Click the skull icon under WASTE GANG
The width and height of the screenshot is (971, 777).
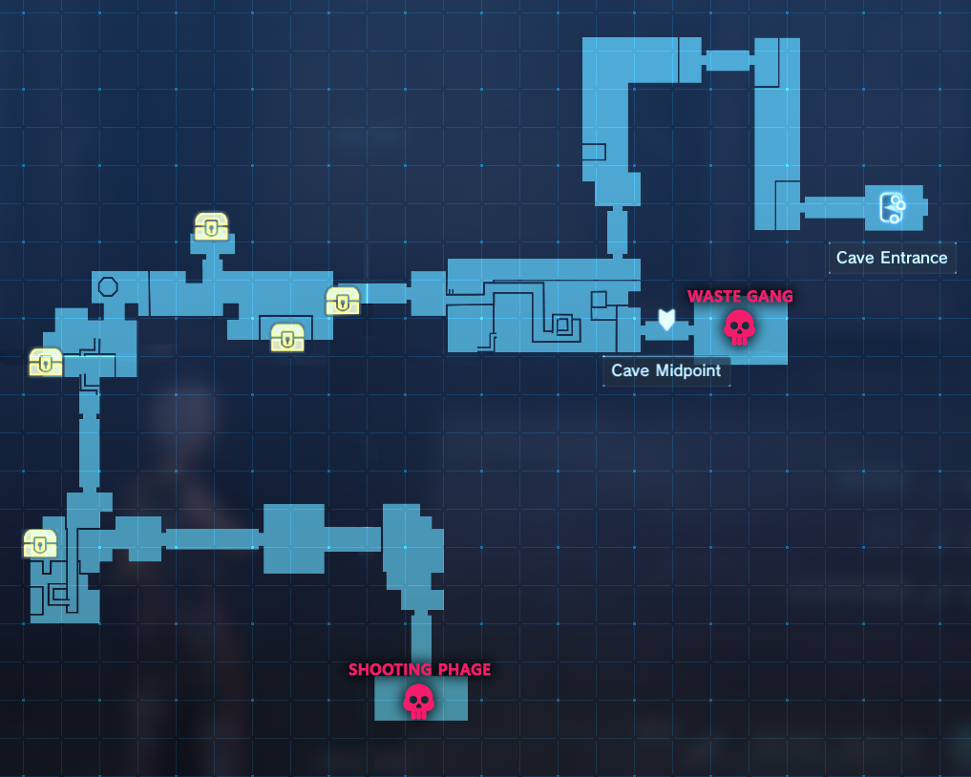(739, 327)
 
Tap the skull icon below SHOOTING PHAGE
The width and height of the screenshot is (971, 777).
(418, 701)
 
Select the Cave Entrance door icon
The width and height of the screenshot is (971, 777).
(892, 207)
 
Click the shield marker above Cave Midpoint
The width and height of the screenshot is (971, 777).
(666, 320)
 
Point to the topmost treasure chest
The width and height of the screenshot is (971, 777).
(211, 226)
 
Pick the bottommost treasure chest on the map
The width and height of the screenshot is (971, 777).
(40, 543)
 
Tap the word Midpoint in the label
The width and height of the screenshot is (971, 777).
(686, 370)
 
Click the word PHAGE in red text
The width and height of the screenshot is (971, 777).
(462, 670)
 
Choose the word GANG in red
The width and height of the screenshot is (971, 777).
(770, 297)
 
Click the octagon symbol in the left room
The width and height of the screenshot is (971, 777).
(108, 286)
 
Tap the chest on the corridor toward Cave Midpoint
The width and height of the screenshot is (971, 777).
(343, 301)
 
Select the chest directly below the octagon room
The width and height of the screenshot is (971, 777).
(46, 362)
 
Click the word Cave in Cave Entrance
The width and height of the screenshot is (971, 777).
(854, 258)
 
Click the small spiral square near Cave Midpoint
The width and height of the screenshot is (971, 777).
(563, 325)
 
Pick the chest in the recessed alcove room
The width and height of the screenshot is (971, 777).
(287, 337)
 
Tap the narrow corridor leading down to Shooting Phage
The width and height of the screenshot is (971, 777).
(421, 641)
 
